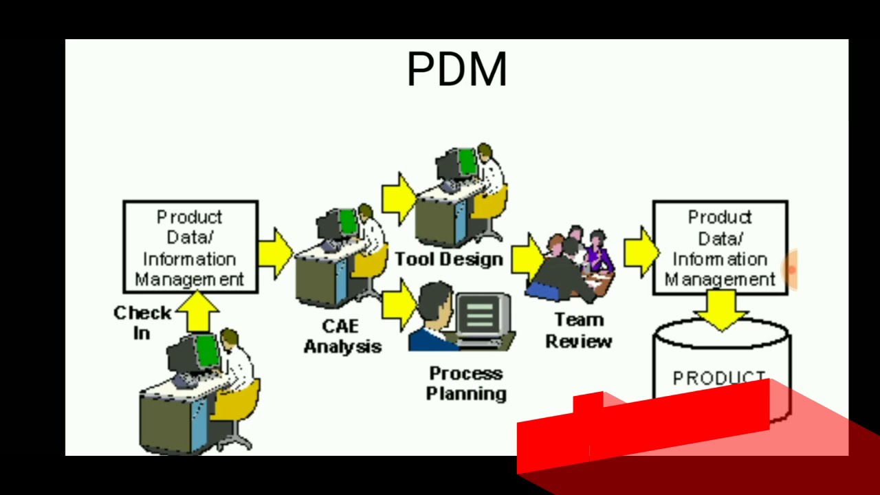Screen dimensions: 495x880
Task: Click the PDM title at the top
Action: (456, 69)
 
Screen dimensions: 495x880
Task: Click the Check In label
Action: (142, 322)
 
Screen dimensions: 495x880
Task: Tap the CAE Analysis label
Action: (342, 336)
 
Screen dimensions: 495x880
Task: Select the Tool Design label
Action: (449, 259)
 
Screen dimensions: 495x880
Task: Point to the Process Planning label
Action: (467, 383)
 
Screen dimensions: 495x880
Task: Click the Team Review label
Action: (579, 331)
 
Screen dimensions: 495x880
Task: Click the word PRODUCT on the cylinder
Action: (718, 378)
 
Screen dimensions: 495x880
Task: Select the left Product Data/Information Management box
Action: (190, 247)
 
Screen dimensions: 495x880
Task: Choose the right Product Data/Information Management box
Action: (720, 247)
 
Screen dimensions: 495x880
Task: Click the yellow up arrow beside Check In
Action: (197, 311)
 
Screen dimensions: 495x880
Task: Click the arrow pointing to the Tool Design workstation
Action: (398, 198)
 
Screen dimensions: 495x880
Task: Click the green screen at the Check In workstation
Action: (207, 351)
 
